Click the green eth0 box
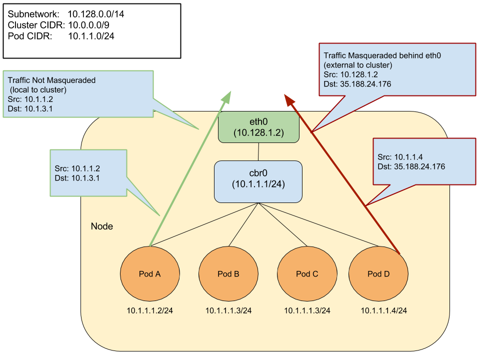pos(258,127)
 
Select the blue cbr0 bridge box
pos(258,181)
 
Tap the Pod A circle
pos(150,274)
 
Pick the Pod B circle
pos(228,274)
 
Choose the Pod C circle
pos(307,274)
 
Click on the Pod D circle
pos(378,274)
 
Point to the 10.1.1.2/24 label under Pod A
pos(150,310)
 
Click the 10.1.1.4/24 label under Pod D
pos(384,310)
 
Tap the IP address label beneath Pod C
pos(307,310)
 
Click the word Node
pos(101,226)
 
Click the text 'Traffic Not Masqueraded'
pos(51,80)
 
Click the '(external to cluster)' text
pos(358,65)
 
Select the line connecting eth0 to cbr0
pos(258,151)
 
